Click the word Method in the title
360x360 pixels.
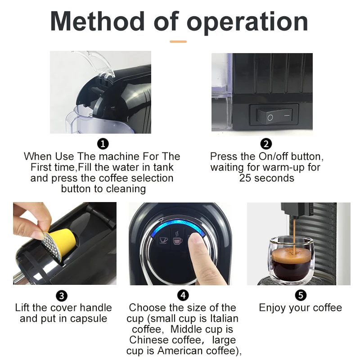point(97,21)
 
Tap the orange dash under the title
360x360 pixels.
point(178,41)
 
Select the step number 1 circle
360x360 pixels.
point(103,144)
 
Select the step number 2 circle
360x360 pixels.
point(266,144)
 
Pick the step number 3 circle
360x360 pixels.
point(62,296)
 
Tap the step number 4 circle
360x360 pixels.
point(183,295)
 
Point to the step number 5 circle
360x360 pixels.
point(301,295)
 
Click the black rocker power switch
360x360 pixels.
point(274,116)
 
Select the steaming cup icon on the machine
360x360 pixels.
point(177,239)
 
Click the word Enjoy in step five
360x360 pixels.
point(272,308)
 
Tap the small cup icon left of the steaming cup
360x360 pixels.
point(163,240)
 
